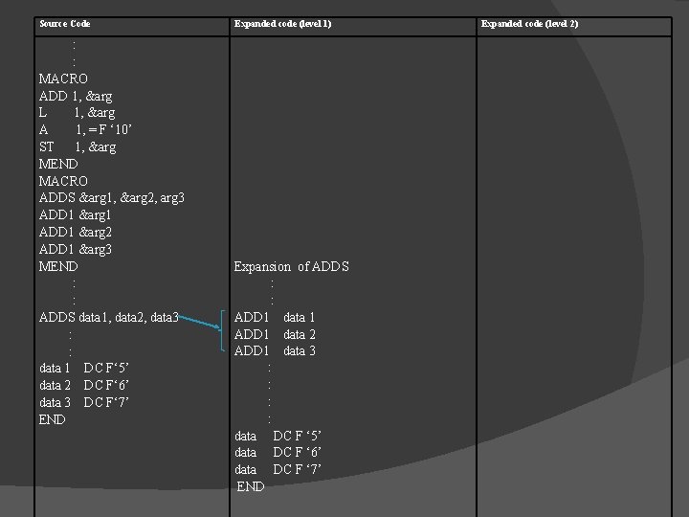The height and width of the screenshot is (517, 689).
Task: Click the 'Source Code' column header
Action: point(64,23)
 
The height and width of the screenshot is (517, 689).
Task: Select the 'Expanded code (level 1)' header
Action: point(283,23)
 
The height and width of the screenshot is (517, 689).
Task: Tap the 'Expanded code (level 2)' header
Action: point(529,23)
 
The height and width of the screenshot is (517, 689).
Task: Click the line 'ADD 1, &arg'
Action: point(75,96)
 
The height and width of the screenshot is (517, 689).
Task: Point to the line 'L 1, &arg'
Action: point(77,113)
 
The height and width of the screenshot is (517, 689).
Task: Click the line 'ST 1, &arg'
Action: point(78,147)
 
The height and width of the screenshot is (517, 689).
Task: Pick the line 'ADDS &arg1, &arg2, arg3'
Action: point(112,198)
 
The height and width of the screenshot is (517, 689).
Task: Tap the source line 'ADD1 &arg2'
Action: point(76,232)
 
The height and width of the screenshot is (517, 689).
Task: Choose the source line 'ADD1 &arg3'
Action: point(76,249)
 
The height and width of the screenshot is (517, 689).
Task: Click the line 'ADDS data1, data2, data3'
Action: point(108,317)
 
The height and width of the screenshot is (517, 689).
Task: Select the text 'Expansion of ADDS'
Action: point(292,266)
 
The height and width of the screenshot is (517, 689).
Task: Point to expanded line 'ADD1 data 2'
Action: point(276,334)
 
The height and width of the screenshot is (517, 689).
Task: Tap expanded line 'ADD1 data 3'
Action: point(276,351)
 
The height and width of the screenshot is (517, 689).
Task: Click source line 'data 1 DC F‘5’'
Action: point(84,369)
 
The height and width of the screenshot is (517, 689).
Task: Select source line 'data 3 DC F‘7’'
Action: point(84,402)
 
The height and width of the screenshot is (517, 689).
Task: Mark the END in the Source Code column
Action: point(53,419)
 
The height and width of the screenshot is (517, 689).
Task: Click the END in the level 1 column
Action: point(251,486)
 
